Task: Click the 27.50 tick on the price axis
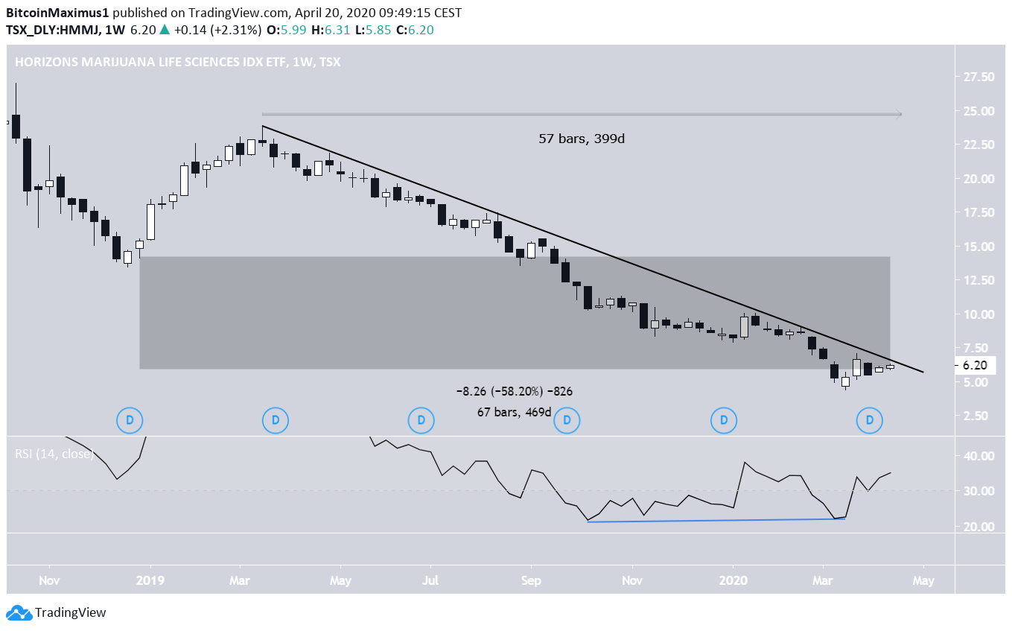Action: pyautogui.click(x=979, y=77)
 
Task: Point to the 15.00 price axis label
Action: pyautogui.click(x=979, y=247)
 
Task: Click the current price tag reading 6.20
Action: pyautogui.click(x=979, y=366)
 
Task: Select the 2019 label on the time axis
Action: pyautogui.click(x=150, y=580)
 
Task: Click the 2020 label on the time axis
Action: pyautogui.click(x=733, y=580)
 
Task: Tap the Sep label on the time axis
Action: pyautogui.click(x=530, y=580)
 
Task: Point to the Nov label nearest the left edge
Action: pyautogui.click(x=49, y=580)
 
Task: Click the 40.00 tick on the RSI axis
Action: pyautogui.click(x=979, y=456)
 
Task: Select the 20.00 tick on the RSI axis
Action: pyautogui.click(x=979, y=527)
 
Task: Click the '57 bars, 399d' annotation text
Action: pyautogui.click(x=582, y=139)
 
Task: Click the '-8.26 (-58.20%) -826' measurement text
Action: pyautogui.click(x=515, y=391)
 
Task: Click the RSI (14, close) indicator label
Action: pyautogui.click(x=54, y=453)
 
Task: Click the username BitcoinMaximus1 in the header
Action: pyautogui.click(x=60, y=13)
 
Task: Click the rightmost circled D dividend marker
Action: pyautogui.click(x=869, y=420)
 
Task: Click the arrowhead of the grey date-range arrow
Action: pyautogui.click(x=898, y=114)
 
